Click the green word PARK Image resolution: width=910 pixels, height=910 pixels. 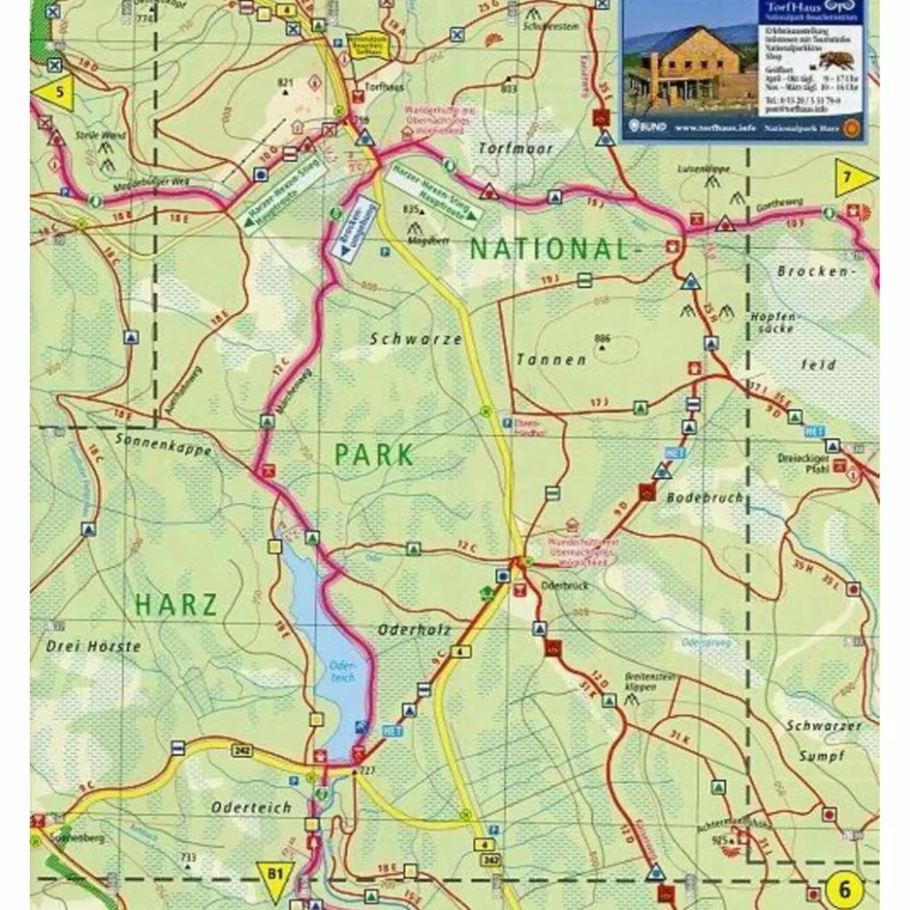375,454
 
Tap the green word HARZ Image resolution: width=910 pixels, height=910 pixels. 176,605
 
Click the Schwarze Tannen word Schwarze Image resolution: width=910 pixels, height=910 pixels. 402,339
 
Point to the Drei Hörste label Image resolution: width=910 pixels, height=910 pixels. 94,646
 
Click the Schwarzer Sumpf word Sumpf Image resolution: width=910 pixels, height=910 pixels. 821,757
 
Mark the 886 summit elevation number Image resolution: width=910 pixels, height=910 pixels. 602,337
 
